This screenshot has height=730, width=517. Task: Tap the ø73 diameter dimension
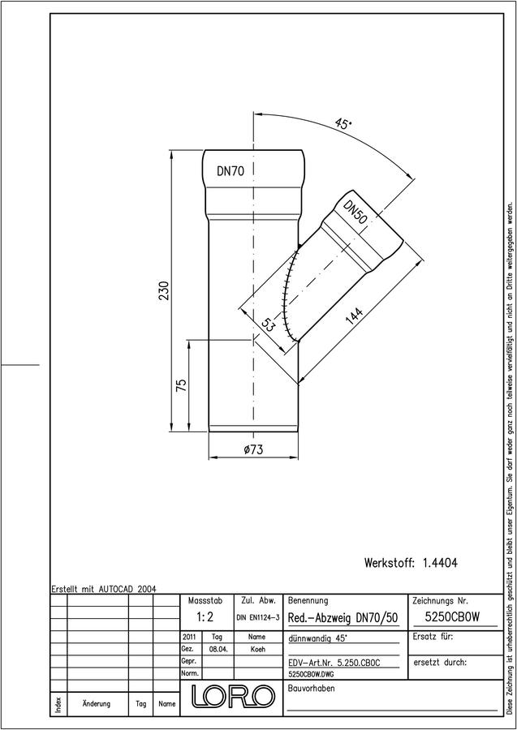click(254, 449)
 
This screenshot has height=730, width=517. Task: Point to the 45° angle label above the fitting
click(344, 124)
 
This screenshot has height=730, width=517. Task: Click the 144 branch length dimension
click(355, 317)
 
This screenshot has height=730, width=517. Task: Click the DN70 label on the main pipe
click(230, 171)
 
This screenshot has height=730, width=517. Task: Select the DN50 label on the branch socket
click(355, 212)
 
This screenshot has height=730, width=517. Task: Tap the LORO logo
click(232, 696)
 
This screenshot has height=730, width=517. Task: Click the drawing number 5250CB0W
click(452, 617)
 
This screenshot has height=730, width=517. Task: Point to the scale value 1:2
click(205, 617)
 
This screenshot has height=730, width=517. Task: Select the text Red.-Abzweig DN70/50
click(343, 618)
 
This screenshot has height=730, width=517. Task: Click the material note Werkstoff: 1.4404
click(411, 563)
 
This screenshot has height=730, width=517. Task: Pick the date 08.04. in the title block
click(218, 649)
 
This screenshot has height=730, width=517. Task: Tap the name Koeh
click(257, 649)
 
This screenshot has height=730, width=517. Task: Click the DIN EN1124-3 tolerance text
click(257, 618)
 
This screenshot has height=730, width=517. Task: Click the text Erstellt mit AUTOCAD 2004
click(104, 589)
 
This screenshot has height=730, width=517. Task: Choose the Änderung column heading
click(96, 703)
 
